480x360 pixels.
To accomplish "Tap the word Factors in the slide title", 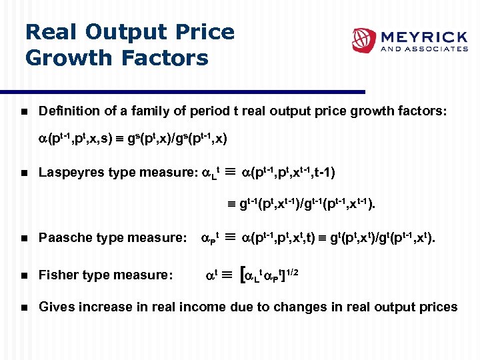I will [x=165, y=58].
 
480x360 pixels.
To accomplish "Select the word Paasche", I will [x=64, y=237].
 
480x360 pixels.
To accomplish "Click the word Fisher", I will [x=57, y=275].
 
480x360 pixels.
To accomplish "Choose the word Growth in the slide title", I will [x=69, y=58].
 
